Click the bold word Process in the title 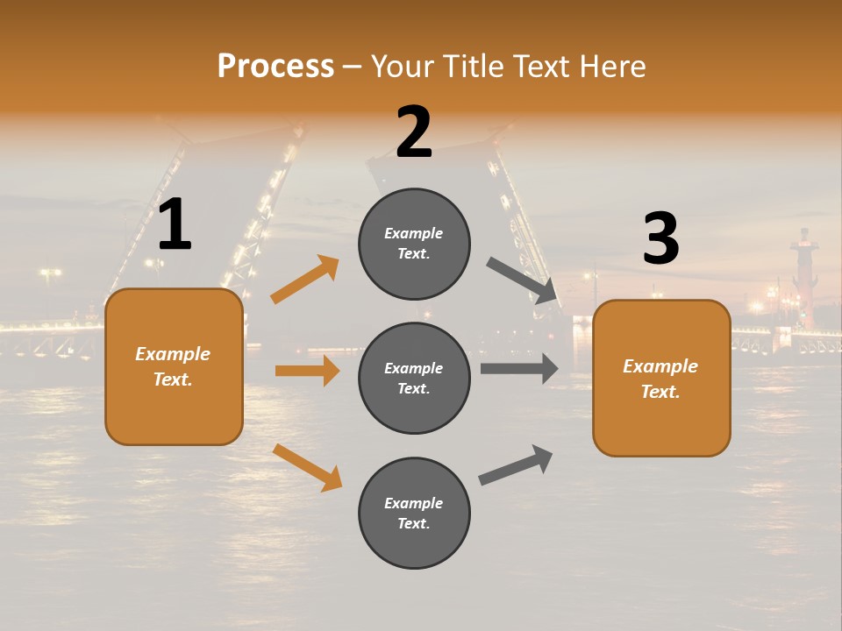(x=275, y=66)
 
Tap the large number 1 (x=175, y=225)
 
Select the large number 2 (x=414, y=132)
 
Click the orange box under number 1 (x=174, y=366)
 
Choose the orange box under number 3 (x=661, y=378)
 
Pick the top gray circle (x=414, y=243)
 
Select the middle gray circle (x=414, y=378)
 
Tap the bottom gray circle (x=414, y=513)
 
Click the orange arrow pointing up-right (x=305, y=280)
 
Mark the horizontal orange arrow (x=307, y=371)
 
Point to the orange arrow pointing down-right (x=307, y=467)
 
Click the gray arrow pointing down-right (x=523, y=280)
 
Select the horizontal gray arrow (x=519, y=368)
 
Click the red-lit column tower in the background (x=803, y=276)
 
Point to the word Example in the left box (x=173, y=354)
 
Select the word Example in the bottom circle (x=414, y=503)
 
